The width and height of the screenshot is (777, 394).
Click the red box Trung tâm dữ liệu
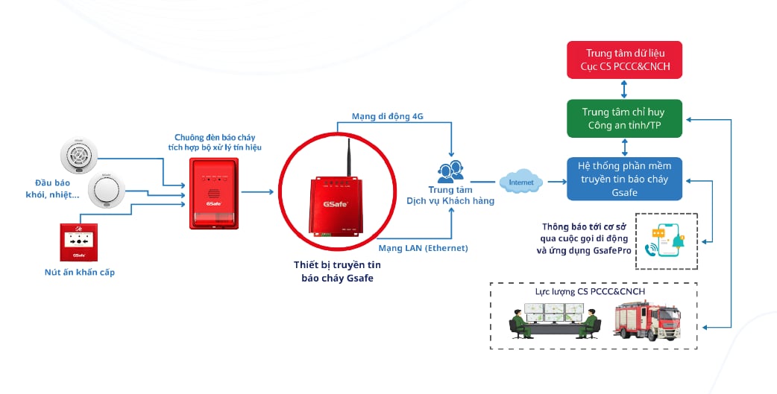point(624,60)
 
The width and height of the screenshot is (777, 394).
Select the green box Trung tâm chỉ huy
point(624,118)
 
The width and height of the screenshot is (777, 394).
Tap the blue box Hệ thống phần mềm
point(624,179)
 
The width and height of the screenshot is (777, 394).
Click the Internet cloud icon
point(521,182)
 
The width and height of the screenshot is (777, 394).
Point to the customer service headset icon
point(450,171)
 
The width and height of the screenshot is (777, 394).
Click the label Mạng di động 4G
point(388,116)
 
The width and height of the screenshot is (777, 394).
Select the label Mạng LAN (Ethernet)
point(424,248)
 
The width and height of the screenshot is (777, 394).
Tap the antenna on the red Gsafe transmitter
point(348,157)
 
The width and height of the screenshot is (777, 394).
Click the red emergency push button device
point(79,242)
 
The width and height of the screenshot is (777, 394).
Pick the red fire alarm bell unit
point(214,193)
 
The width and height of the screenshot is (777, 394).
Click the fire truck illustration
point(647,321)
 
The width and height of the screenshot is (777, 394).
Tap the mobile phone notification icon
point(665,241)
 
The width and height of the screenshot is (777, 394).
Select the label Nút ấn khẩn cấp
point(79,272)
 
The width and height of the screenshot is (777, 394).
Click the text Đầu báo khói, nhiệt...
point(52,188)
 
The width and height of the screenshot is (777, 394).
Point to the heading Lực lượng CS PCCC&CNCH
point(590,291)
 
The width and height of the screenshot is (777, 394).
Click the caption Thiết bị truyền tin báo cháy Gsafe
point(338,271)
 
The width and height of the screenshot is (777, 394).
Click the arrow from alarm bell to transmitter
point(257,191)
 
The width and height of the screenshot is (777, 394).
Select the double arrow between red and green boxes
point(624,89)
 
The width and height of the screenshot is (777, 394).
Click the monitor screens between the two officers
point(555,313)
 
